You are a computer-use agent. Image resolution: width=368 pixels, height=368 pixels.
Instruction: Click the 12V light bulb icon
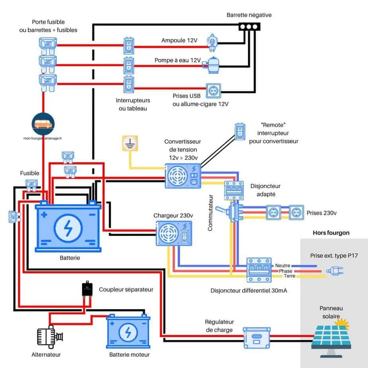click(212, 43)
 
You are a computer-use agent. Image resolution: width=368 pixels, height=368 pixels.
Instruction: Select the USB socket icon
click(213, 90)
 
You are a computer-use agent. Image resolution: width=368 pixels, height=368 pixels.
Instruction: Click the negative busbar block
click(249, 27)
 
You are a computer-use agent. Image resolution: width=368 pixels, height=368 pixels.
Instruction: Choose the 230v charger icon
click(174, 234)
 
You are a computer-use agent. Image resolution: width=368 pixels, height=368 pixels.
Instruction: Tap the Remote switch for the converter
click(239, 132)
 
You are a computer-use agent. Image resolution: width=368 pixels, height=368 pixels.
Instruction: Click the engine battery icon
click(128, 331)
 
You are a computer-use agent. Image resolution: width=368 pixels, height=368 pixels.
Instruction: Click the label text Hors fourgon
click(331, 233)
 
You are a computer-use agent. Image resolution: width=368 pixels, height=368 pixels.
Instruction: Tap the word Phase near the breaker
click(286, 271)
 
